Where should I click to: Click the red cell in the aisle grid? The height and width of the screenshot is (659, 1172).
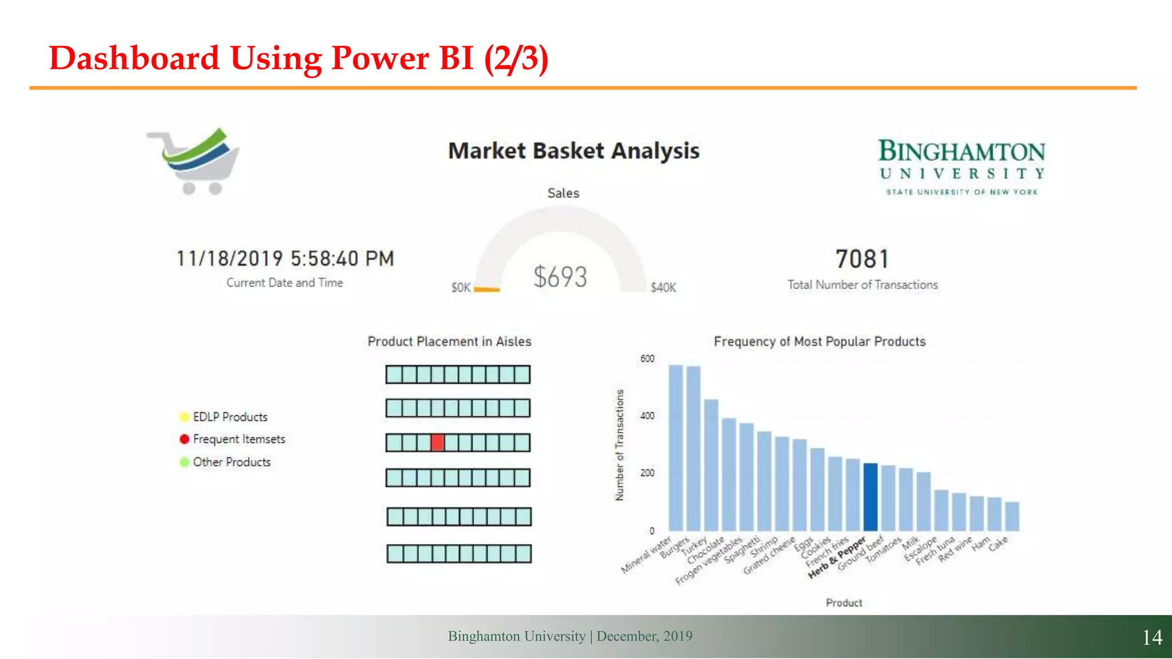point(437,443)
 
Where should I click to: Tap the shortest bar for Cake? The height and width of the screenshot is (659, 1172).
point(1012,516)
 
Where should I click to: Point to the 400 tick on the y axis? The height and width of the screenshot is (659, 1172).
point(647,416)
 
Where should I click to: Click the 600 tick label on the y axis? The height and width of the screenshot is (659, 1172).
point(647,359)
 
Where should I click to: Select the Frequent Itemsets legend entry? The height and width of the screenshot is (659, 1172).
point(239,439)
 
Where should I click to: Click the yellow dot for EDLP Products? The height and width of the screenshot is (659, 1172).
point(184,417)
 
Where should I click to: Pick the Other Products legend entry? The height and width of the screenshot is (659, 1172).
point(231,462)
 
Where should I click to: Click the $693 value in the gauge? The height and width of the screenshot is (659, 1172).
point(560,277)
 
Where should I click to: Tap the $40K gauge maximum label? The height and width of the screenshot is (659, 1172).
point(663,287)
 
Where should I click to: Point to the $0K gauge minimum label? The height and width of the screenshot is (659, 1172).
point(461,287)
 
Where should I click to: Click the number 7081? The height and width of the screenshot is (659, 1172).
point(862,259)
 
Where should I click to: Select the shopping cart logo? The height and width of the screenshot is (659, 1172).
point(195,161)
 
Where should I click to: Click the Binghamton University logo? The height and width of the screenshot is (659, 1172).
point(961,166)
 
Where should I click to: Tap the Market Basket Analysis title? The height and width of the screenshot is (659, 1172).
point(573,151)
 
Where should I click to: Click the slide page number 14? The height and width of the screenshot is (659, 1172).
point(1152,637)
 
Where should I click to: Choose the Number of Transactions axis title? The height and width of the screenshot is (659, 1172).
point(619,445)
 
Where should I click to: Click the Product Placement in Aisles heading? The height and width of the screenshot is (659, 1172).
point(449,342)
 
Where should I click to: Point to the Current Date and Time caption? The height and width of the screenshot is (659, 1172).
point(284,283)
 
